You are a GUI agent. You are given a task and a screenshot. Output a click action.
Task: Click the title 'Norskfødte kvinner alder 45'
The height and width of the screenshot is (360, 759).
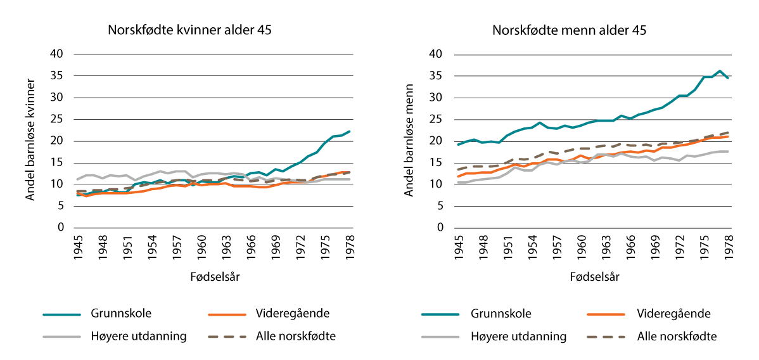pyautogui.click(x=189, y=30)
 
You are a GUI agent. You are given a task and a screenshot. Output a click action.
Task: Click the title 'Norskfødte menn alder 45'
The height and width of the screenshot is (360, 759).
pyautogui.click(x=569, y=30)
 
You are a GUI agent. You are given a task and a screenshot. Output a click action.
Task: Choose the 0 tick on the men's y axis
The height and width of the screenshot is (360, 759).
pyautogui.click(x=438, y=228)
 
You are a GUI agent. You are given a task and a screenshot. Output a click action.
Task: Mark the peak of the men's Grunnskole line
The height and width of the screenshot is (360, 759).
pyautogui.click(x=720, y=71)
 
